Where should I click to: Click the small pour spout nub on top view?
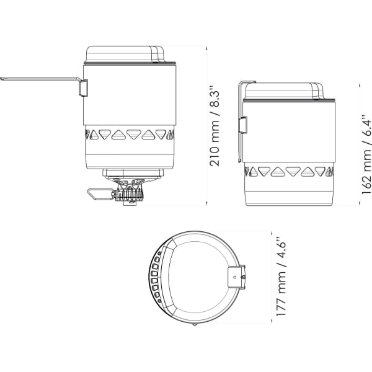click(x=195, y=324)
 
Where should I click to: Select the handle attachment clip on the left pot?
click(x=83, y=88)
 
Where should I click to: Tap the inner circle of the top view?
click(x=198, y=277)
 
